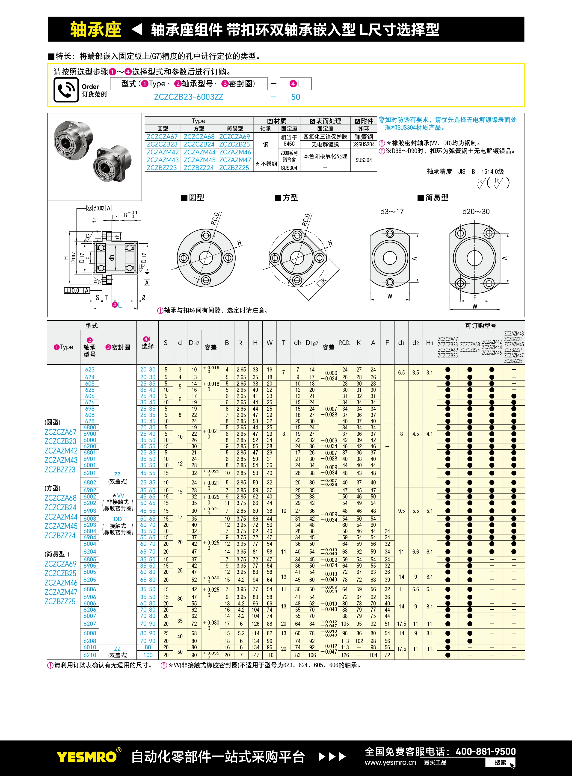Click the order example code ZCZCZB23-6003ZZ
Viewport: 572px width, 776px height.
click(188, 97)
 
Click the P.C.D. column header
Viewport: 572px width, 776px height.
click(344, 343)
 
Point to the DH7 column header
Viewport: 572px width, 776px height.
click(194, 343)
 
